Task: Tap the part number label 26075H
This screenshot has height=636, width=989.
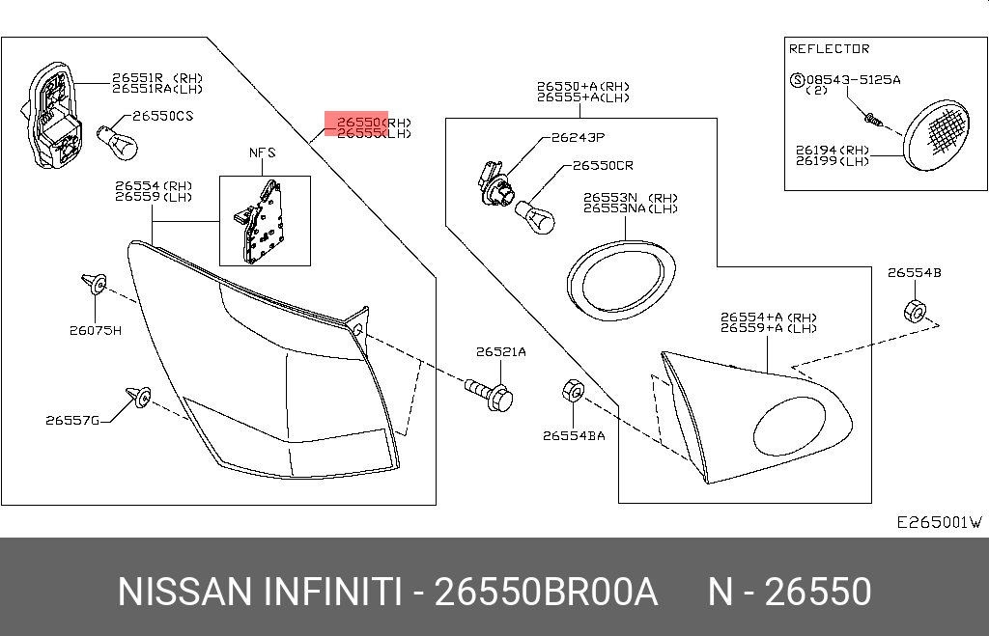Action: click(95, 330)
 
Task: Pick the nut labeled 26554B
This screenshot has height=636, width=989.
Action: click(914, 311)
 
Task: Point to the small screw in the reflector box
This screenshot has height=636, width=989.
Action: click(871, 120)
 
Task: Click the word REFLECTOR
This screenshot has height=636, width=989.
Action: click(829, 49)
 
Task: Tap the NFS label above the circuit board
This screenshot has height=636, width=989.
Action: click(263, 152)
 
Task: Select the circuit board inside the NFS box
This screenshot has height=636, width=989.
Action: click(263, 221)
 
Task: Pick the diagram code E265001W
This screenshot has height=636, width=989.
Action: click(939, 522)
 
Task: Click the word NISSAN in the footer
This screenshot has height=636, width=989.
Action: click(184, 592)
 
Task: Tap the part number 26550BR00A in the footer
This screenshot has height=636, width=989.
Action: click(546, 592)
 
